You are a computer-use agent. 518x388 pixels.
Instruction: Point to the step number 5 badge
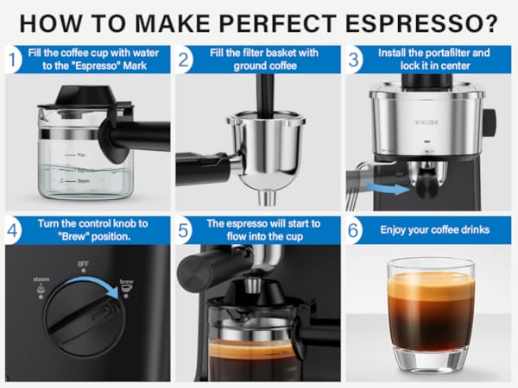(x=184, y=231)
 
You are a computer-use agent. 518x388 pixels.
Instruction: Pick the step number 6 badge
(x=355, y=231)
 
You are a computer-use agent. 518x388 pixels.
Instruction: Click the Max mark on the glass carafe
(x=80, y=154)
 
